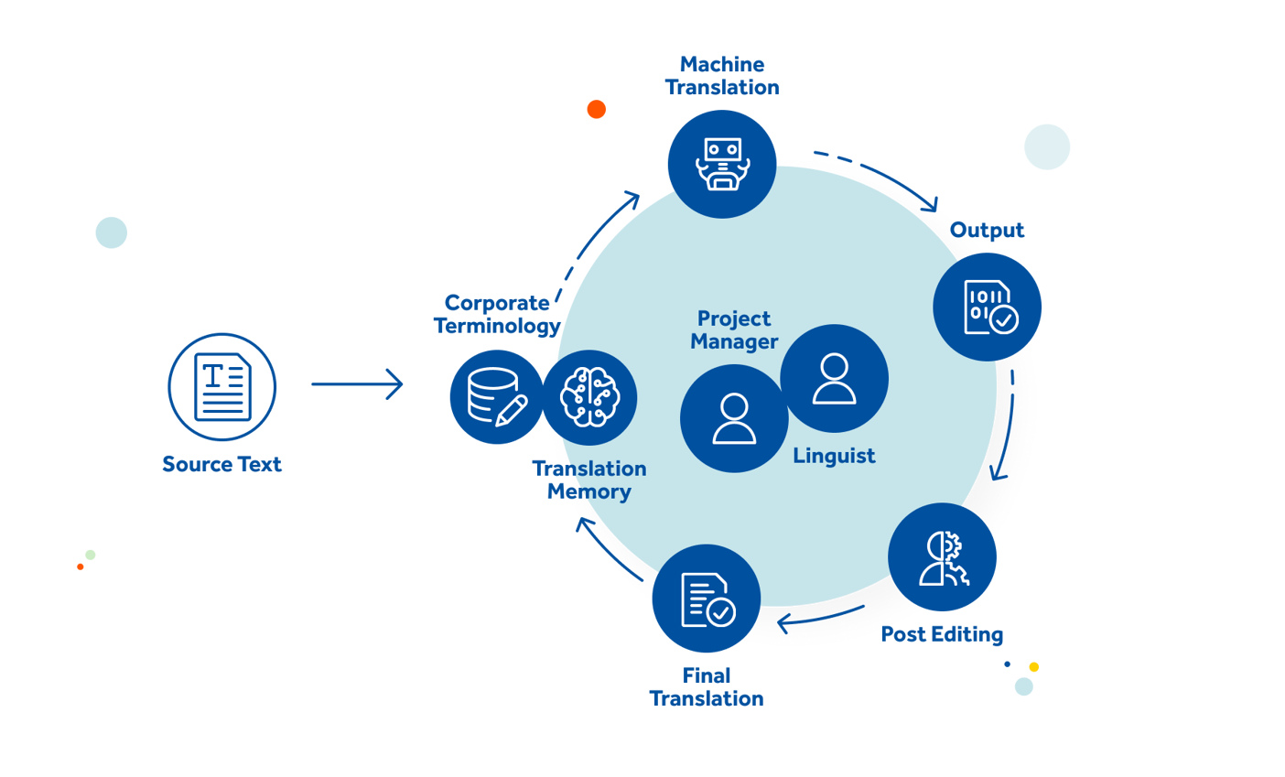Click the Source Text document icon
(222, 386)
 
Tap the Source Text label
(222, 464)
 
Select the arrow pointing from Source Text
(358, 384)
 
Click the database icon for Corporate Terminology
(495, 397)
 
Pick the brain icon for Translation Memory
(589, 397)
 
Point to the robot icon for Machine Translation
(721, 164)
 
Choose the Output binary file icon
(988, 307)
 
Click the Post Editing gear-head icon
(943, 558)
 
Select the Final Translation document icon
(706, 599)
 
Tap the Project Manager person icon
(734, 419)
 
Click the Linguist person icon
(834, 378)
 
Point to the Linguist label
(834, 456)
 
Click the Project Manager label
(734, 329)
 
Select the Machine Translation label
(722, 76)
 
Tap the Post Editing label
(942, 634)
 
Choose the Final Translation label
(707, 687)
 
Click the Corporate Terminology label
(496, 314)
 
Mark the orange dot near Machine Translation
(597, 110)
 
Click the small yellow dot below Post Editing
(1034, 667)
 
